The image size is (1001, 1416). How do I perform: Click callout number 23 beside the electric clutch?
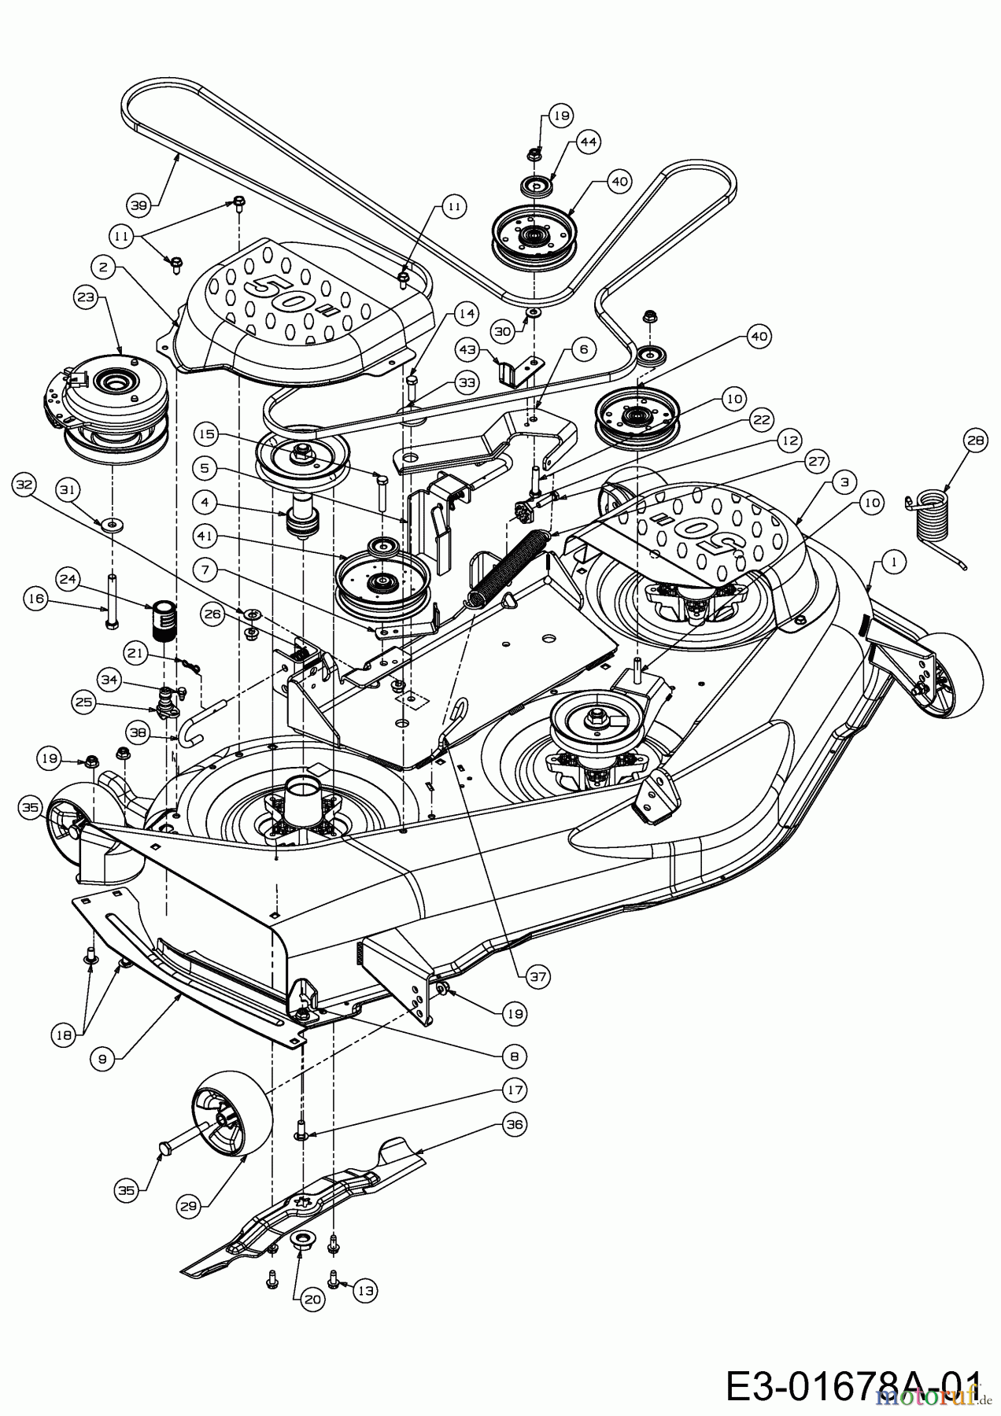click(x=85, y=299)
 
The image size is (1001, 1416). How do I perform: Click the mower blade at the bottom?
click(x=307, y=1219)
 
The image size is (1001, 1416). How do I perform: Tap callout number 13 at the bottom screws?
click(x=366, y=1290)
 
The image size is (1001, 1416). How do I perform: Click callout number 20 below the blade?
click(x=312, y=1300)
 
